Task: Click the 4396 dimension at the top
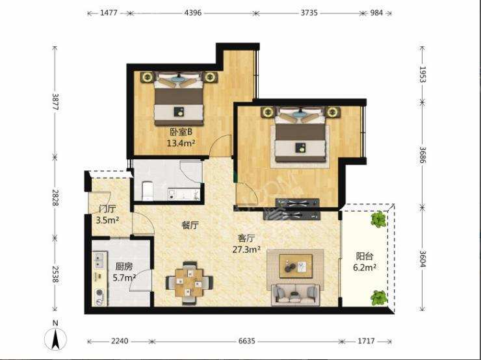[193, 13]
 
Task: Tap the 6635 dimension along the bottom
[246, 341]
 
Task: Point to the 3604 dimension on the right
[422, 259]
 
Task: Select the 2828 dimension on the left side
[55, 198]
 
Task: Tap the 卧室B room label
[181, 132]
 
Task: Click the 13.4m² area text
[181, 143]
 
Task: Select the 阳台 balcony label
[365, 256]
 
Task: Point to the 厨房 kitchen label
[124, 267]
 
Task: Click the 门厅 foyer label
[107, 209]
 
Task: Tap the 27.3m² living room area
[246, 250]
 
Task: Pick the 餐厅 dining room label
[190, 225]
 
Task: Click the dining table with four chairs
[189, 283]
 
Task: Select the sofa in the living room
[295, 295]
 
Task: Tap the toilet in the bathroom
[148, 191]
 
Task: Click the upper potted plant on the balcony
[378, 219]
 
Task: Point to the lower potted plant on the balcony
[378, 298]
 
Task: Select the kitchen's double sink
[99, 260]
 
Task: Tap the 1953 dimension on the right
[422, 74]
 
